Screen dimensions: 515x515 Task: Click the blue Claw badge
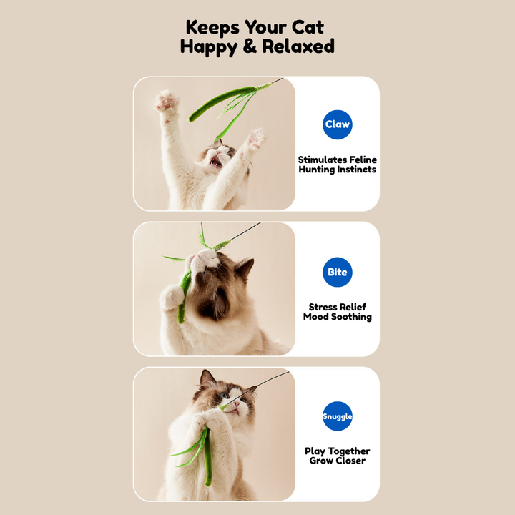point(338,124)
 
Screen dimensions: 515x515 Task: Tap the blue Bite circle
point(338,272)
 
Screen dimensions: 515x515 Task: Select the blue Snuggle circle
point(338,416)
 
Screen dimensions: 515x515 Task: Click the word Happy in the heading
point(208,47)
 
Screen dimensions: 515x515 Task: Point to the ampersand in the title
point(250,46)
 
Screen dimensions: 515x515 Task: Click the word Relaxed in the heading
point(298,46)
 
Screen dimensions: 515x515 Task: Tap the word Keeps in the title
point(212,28)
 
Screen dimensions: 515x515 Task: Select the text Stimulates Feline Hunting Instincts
point(338,165)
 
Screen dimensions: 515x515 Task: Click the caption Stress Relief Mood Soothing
point(338,312)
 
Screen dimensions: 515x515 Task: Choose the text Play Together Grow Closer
point(338,456)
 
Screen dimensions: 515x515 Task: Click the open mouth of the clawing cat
point(216,162)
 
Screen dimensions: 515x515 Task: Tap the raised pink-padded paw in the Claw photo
point(167,101)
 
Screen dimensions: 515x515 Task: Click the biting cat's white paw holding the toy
point(172,297)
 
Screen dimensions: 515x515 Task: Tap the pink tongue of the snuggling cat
point(234,411)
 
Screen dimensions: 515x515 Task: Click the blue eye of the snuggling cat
point(224,395)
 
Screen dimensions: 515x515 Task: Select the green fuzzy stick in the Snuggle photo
point(207,456)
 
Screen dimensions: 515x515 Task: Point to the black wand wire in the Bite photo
point(245,231)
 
